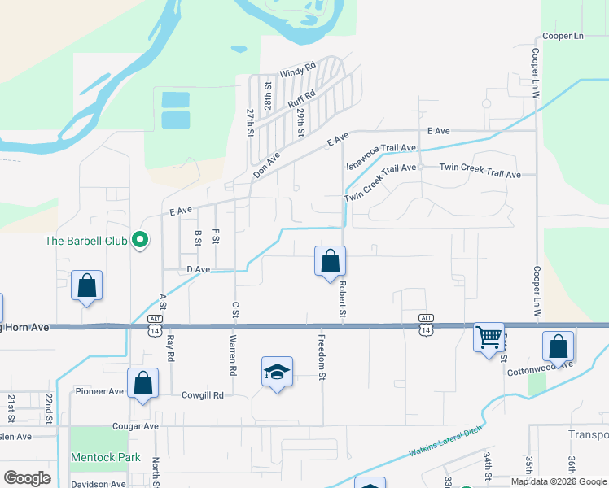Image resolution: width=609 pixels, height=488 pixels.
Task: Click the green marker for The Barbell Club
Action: (140, 240)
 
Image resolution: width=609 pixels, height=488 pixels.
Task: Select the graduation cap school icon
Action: (277, 373)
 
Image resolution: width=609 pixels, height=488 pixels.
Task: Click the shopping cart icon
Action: (489, 335)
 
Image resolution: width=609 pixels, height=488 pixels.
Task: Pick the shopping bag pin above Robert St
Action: (330, 262)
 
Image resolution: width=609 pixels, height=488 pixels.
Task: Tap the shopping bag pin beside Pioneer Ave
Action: (142, 384)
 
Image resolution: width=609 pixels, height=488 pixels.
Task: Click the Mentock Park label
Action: (106, 458)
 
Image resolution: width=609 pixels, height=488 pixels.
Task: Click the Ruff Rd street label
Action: (301, 98)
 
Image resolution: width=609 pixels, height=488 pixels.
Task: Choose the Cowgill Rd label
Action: (203, 395)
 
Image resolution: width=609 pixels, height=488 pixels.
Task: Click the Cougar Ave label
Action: (136, 425)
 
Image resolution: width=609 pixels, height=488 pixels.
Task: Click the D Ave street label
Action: (199, 269)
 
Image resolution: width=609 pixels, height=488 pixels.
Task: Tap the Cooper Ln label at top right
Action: (563, 37)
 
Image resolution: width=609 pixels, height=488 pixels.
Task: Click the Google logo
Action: (28, 478)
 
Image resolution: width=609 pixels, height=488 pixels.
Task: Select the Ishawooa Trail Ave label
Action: (381, 151)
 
